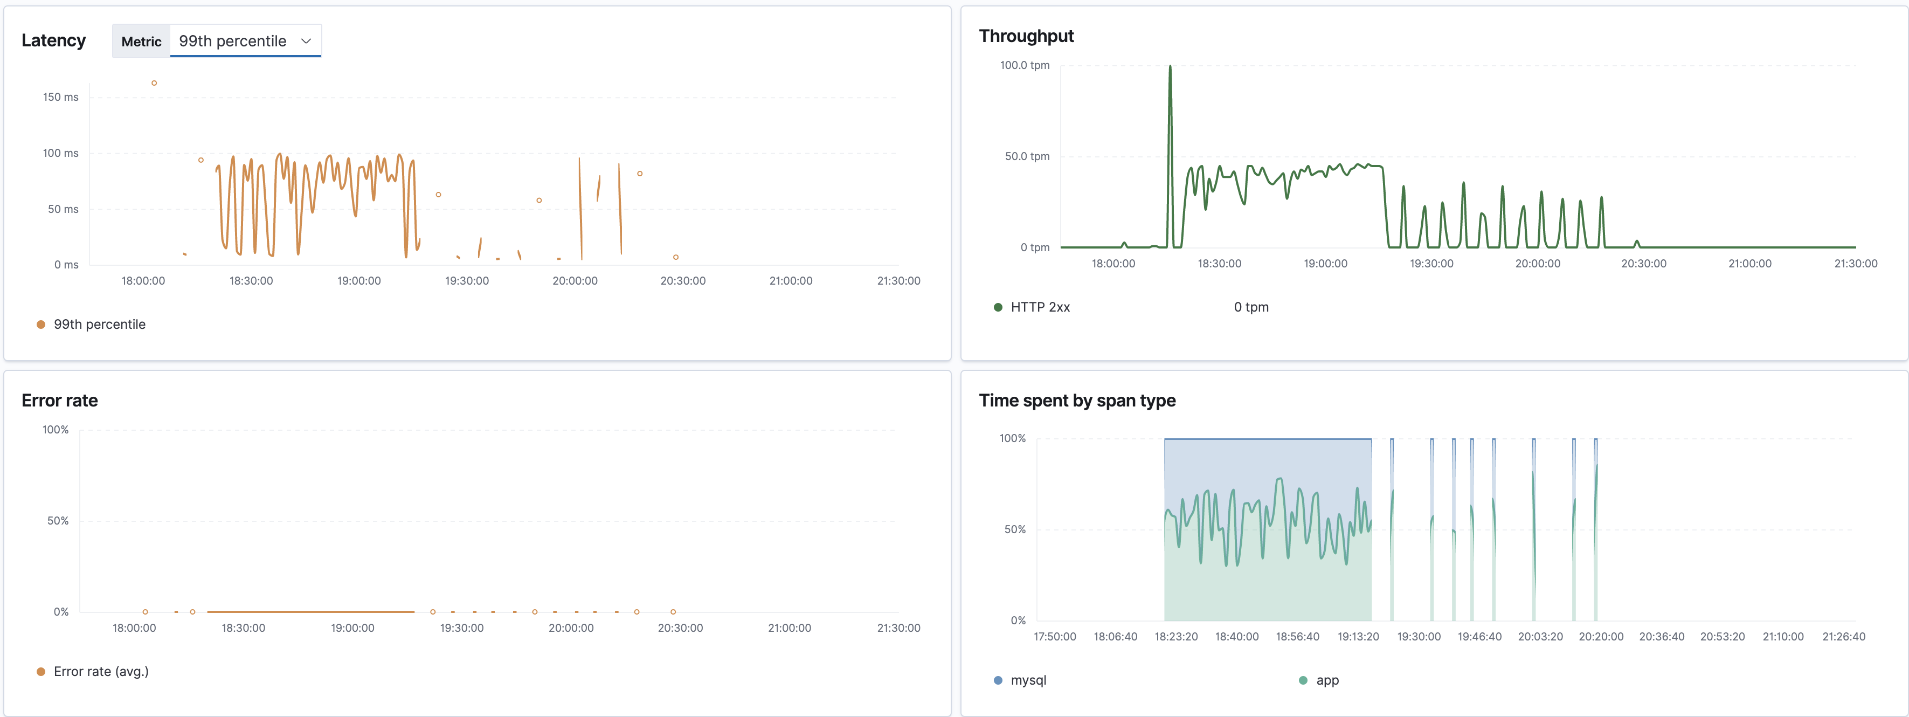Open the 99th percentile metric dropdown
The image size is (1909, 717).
coord(245,41)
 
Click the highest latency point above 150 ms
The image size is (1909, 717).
coord(154,83)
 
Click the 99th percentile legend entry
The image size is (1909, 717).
coord(99,324)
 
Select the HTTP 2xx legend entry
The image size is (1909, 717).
coord(1039,307)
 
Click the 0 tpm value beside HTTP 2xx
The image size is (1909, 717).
coord(1250,307)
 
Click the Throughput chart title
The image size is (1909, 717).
coord(1026,36)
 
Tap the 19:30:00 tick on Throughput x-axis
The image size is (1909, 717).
coord(1431,263)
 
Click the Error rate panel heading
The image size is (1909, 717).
coord(59,401)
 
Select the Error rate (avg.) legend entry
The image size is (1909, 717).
coord(100,671)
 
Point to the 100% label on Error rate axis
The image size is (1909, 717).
coord(55,429)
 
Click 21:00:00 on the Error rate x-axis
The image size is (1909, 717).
coord(789,628)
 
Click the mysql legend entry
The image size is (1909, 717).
coord(1027,680)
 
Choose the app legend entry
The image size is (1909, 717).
coord(1326,680)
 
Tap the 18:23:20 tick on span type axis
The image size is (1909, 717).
coord(1175,636)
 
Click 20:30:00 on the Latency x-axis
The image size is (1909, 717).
coord(682,280)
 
